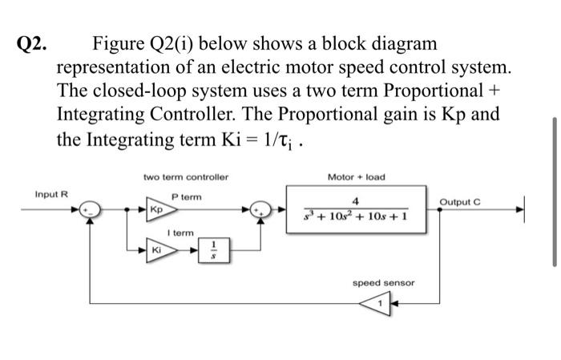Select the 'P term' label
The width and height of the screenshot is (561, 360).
187,196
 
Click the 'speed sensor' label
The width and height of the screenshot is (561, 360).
384,283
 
